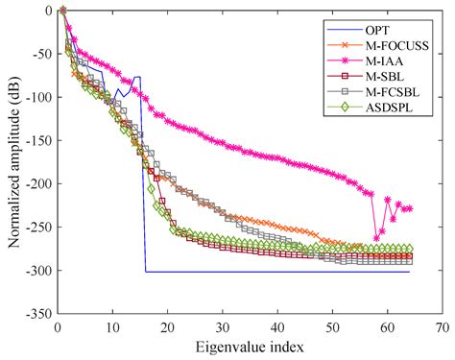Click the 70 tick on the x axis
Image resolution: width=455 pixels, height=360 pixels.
pos(442,327)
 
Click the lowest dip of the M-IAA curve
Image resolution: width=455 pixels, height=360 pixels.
pos(376,237)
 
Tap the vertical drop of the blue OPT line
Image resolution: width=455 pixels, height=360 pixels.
pos(143,173)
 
